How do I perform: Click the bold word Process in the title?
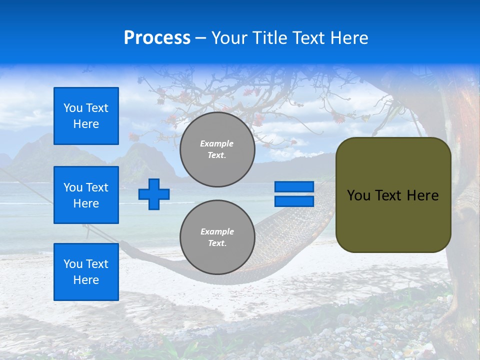tap(157, 38)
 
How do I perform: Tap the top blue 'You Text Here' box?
tap(86, 116)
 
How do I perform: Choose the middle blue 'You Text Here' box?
tap(86, 195)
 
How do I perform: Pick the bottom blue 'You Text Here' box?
tap(86, 272)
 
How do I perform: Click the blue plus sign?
tap(154, 194)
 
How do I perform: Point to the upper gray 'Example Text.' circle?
tap(217, 149)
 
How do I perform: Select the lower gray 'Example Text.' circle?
tap(217, 237)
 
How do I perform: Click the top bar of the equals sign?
tap(294, 187)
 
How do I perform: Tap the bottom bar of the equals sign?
tap(294, 201)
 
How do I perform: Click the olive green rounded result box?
tap(393, 220)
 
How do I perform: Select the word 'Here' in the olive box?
tap(422, 195)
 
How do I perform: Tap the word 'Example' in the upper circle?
tap(217, 143)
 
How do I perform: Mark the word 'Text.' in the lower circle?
tap(217, 243)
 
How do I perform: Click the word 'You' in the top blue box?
tap(73, 108)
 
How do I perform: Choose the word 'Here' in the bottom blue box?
tap(86, 280)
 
